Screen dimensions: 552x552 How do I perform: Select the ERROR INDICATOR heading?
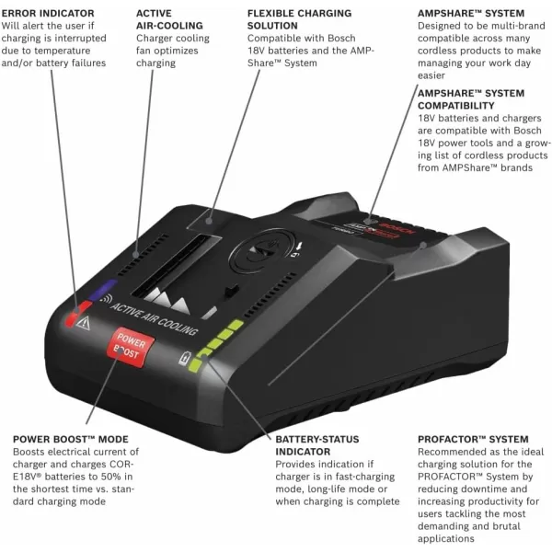pyautogui.click(x=48, y=14)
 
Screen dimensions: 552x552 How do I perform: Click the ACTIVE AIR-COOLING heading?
pyautogui.click(x=157, y=20)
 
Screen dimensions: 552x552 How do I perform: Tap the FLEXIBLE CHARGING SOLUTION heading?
pyautogui.click(x=299, y=20)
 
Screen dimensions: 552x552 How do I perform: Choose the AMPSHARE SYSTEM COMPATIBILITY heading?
pyautogui.click(x=471, y=99)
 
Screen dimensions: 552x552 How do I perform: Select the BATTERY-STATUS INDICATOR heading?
pyautogui.click(x=317, y=445)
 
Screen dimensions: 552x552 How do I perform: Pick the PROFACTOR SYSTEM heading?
pyautogui.click(x=473, y=439)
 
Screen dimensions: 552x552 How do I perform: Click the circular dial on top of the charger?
pyautogui.click(x=267, y=249)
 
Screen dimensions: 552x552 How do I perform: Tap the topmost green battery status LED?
pyautogui.click(x=236, y=325)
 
